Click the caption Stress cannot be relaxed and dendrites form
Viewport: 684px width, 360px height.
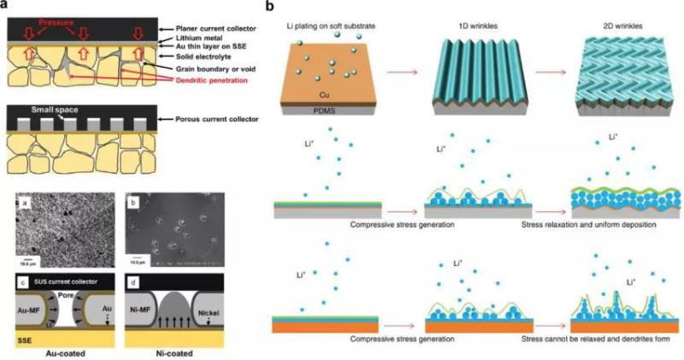point(595,339)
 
